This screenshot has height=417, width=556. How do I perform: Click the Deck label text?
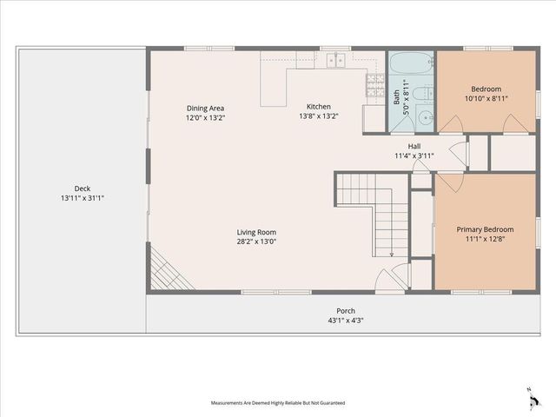click(82, 189)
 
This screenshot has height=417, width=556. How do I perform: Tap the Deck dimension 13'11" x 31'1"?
click(82, 198)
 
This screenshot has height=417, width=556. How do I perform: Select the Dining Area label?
click(205, 109)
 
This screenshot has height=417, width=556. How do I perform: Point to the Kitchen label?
click(318, 105)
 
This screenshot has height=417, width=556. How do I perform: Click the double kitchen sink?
click(336, 60)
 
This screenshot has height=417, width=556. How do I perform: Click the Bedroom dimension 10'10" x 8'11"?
click(486, 99)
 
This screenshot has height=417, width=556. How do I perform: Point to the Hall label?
click(414, 146)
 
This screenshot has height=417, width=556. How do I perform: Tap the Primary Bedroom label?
click(486, 229)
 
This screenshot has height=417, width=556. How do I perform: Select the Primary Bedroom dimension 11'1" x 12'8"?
click(486, 239)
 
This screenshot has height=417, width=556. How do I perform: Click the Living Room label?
click(256, 232)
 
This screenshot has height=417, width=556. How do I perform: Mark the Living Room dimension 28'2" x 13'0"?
click(256, 242)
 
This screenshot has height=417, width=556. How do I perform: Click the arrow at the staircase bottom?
click(392, 253)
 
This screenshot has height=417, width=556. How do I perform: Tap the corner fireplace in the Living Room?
click(159, 268)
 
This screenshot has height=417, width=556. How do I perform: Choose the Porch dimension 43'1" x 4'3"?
click(346, 321)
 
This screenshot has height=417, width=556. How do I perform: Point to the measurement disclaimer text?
click(277, 403)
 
